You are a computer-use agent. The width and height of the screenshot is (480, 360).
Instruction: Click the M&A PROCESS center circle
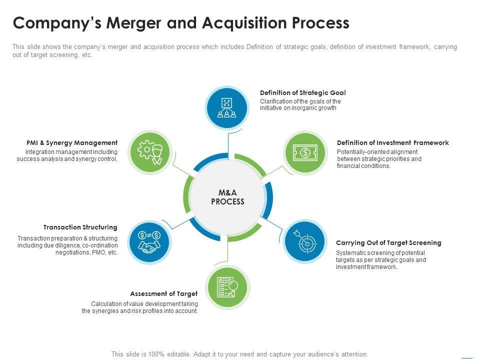tap(227, 197)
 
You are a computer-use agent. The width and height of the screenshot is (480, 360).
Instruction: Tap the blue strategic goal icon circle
tap(227, 107)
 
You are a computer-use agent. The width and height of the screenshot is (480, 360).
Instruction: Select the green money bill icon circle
tap(304, 152)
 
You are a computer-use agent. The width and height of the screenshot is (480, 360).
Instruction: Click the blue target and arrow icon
tap(304, 241)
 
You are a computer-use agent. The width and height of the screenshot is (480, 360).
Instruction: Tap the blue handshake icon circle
tap(149, 242)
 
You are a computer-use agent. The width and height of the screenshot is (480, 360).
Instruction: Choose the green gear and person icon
tap(150, 152)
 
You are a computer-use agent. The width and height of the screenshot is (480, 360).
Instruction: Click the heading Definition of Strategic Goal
tap(302, 92)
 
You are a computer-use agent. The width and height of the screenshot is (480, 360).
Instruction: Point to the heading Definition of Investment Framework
tap(392, 142)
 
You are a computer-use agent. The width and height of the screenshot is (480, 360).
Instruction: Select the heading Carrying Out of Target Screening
tap(388, 242)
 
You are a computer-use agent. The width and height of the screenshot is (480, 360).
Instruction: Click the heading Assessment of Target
tap(164, 293)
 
